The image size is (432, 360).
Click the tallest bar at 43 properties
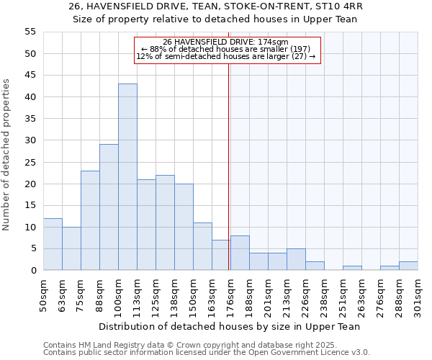pyautogui.click(x=127, y=177)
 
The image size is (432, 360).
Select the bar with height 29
pyautogui.click(x=109, y=207)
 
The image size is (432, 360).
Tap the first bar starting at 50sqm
pyautogui.click(x=53, y=244)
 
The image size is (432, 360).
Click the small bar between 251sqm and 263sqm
pyautogui.click(x=352, y=268)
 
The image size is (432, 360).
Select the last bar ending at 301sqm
pyautogui.click(x=408, y=266)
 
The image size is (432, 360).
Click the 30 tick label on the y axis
pyautogui.click(x=30, y=140)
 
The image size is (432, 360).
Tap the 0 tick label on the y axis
pyautogui.click(x=32, y=271)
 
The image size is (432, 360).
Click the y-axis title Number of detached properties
pyautogui.click(x=7, y=155)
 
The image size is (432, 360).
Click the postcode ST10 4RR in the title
pyautogui.click(x=338, y=6)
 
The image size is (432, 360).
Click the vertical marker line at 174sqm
pyautogui.click(x=229, y=166)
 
